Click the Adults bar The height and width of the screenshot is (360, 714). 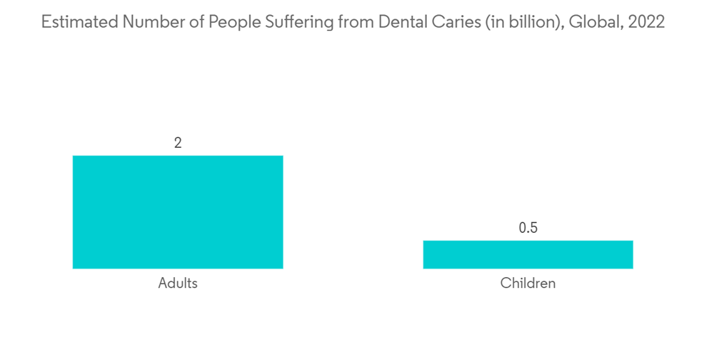coord(178,212)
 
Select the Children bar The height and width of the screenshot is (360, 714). coord(528,254)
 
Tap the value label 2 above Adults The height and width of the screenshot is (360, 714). coord(178,143)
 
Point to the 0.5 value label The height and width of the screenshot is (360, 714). coord(528,228)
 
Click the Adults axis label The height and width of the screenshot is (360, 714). coord(178,283)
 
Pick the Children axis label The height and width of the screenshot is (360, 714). coord(528,283)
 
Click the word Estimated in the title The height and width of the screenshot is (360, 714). coord(79,22)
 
